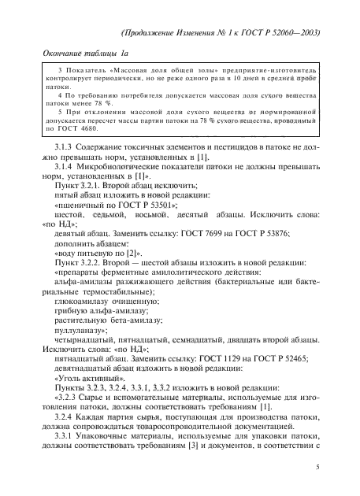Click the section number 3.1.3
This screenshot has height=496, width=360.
64,150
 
